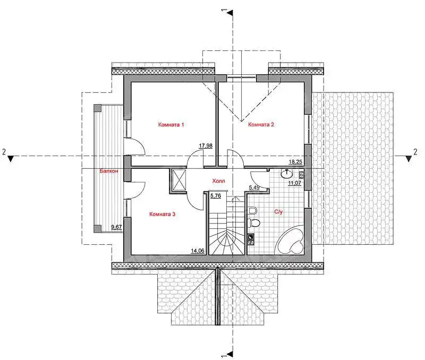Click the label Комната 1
[x=171, y=125]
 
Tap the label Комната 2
[x=261, y=125]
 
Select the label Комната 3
[x=162, y=215]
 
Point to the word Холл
[x=218, y=181]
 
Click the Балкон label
[x=109, y=171]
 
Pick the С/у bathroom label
[x=278, y=212]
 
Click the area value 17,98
[x=206, y=145]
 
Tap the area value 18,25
[x=295, y=162]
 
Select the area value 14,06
[x=198, y=251]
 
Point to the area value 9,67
[x=116, y=227]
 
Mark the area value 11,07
[x=295, y=183]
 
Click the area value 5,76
[x=216, y=195]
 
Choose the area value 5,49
[x=254, y=187]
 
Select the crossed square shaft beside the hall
[x=178, y=181]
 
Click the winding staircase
[x=227, y=225]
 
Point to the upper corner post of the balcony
[x=98, y=108]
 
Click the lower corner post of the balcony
[x=98, y=229]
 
